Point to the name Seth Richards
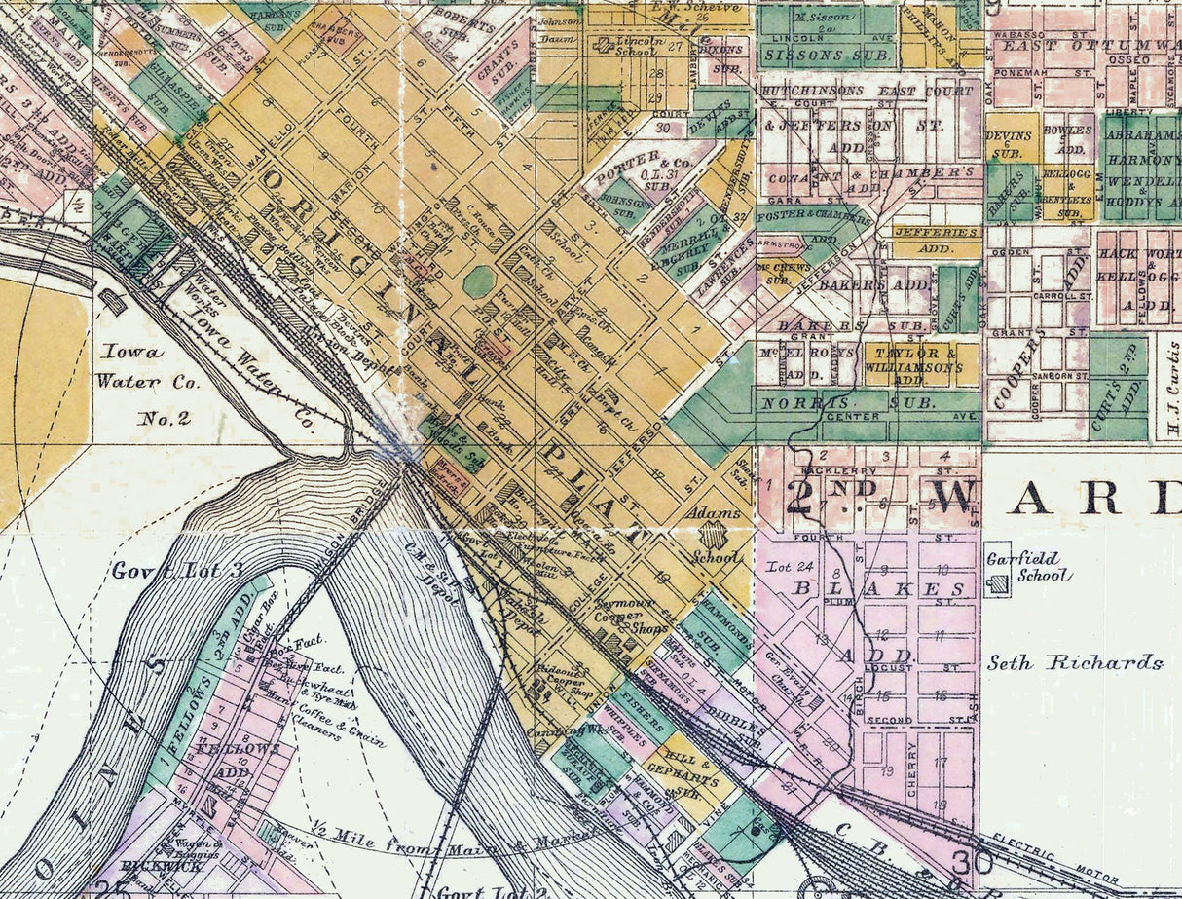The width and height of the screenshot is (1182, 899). click(1075, 663)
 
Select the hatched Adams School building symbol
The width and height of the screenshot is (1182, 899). click(715, 535)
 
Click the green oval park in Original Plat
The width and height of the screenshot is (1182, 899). click(479, 282)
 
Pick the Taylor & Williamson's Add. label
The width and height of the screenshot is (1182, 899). click(919, 361)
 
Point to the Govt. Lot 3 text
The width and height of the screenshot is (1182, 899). click(177, 570)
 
